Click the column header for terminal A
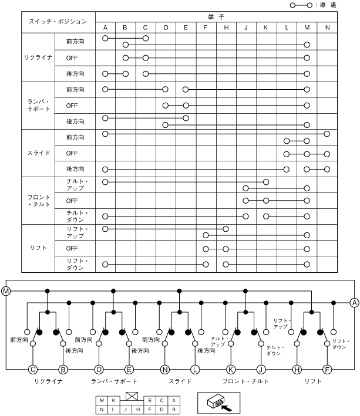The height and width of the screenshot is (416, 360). pyautogui.click(x=105, y=28)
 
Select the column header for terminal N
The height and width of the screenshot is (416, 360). pyautogui.click(x=327, y=28)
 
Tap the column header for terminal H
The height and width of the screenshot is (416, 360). pyautogui.click(x=226, y=28)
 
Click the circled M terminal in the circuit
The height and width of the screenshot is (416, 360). pyautogui.click(x=6, y=292)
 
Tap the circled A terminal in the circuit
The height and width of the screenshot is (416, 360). pyautogui.click(x=354, y=303)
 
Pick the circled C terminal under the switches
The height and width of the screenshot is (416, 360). pyautogui.click(x=33, y=370)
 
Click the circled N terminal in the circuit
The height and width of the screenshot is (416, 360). pyautogui.click(x=165, y=370)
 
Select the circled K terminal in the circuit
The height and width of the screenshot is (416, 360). pyautogui.click(x=231, y=370)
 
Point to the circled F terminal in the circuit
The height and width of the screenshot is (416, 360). pyautogui.click(x=328, y=370)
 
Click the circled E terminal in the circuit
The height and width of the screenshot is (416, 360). pyautogui.click(x=129, y=370)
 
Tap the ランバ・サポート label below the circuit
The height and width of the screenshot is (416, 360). pyautogui.click(x=114, y=382)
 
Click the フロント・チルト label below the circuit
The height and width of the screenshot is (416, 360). pyautogui.click(x=245, y=382)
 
